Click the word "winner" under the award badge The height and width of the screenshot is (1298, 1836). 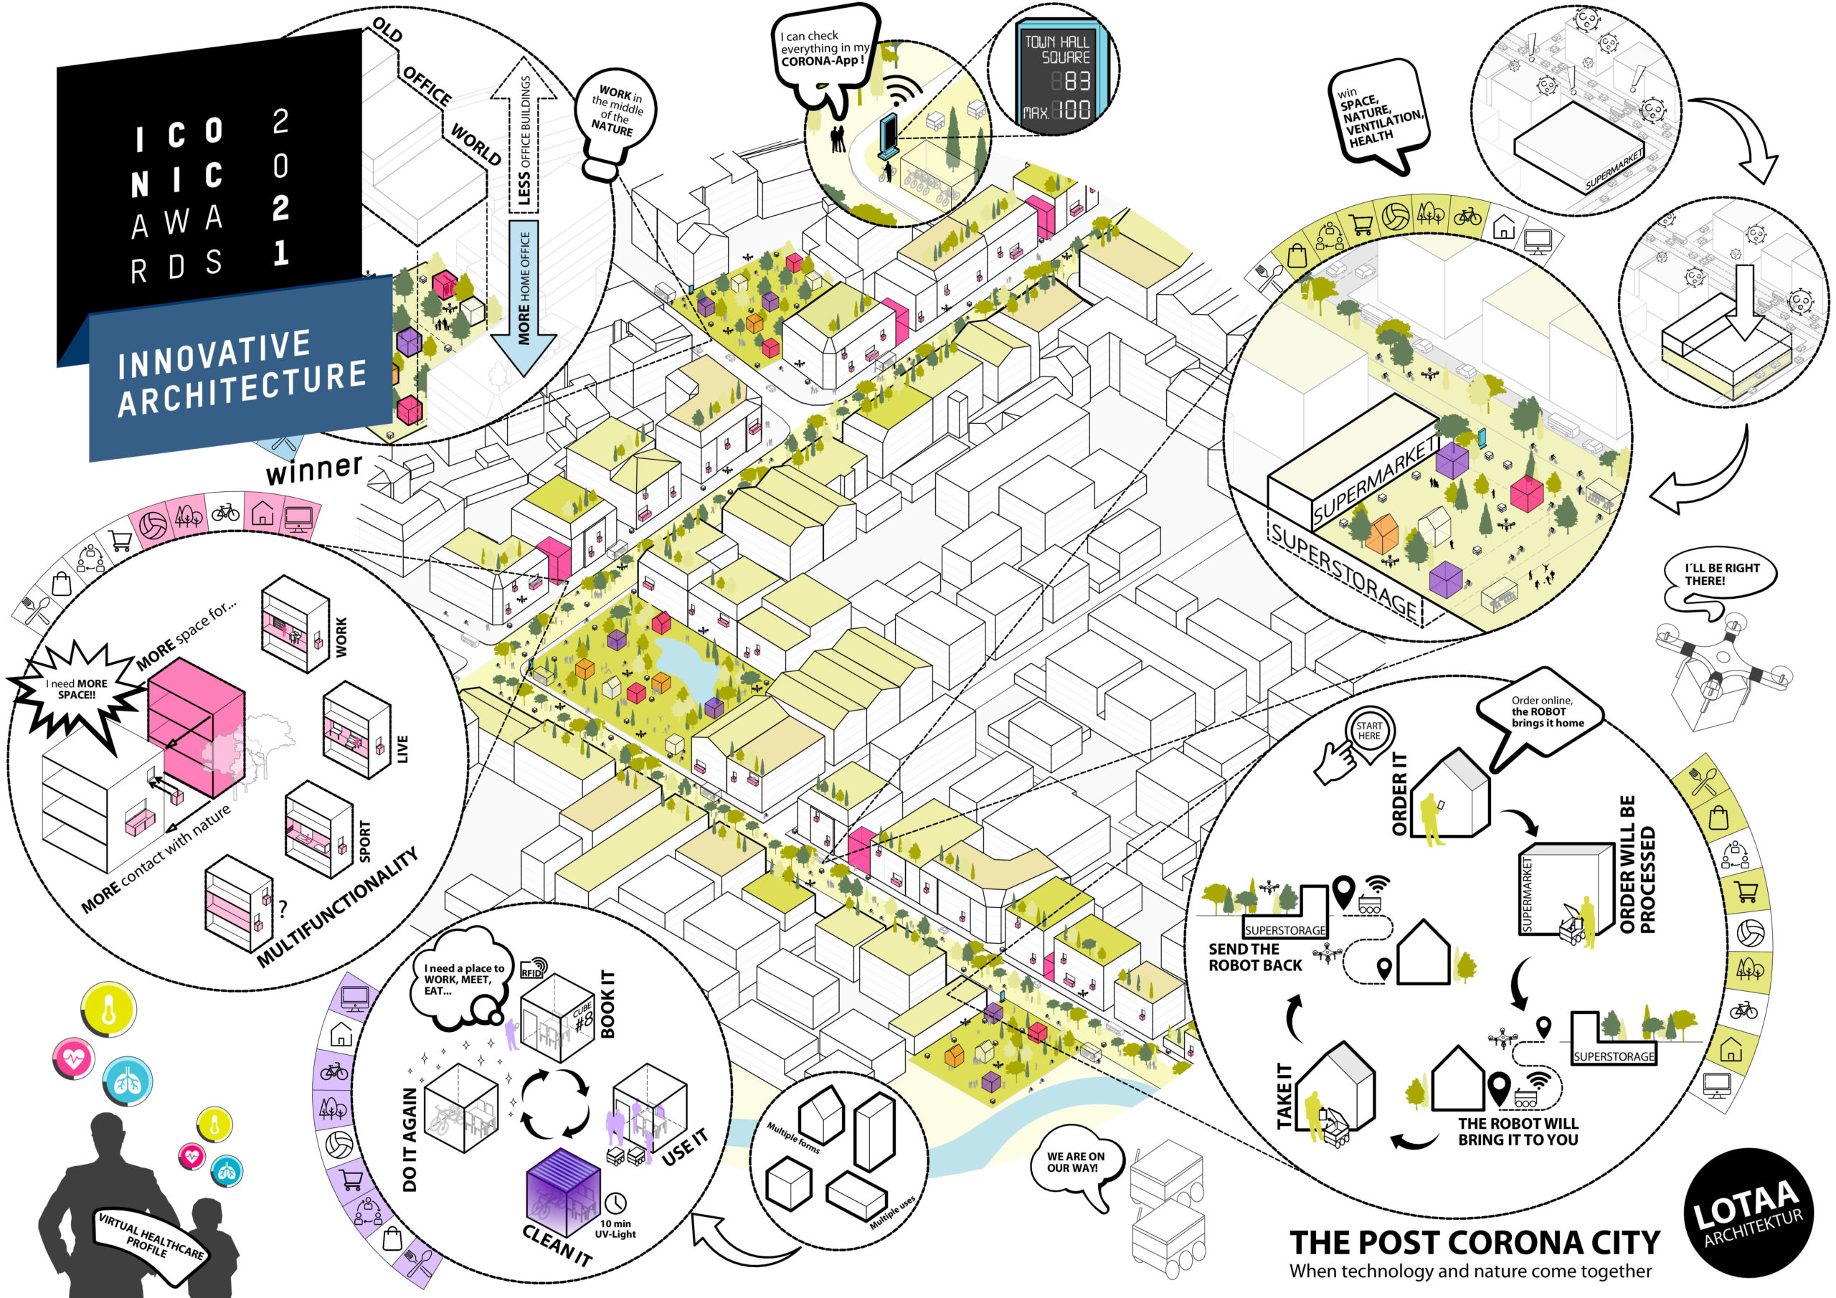pos(313,469)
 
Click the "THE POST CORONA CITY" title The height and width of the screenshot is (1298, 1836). pos(1474,1242)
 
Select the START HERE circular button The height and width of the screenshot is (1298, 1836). pos(1368,731)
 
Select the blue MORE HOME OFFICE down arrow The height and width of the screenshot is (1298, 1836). pos(524,296)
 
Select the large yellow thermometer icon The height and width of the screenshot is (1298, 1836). pos(109,1010)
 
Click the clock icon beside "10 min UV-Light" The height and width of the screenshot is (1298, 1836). pos(616,1202)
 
